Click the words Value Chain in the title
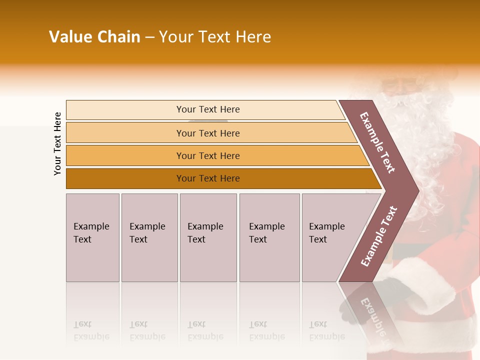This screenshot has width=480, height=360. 94,37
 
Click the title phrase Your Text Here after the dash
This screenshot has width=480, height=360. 215,37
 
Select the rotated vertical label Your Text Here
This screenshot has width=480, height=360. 57,143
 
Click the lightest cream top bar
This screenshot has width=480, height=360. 207,109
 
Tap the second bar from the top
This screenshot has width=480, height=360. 207,133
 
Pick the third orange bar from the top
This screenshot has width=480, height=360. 207,155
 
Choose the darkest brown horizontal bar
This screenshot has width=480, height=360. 207,178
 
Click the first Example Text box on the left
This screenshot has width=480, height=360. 92,237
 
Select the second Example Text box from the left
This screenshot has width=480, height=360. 149,237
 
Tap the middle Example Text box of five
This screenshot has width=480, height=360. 208,237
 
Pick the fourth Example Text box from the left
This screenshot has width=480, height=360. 269,237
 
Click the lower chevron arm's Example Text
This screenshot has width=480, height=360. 379,236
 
